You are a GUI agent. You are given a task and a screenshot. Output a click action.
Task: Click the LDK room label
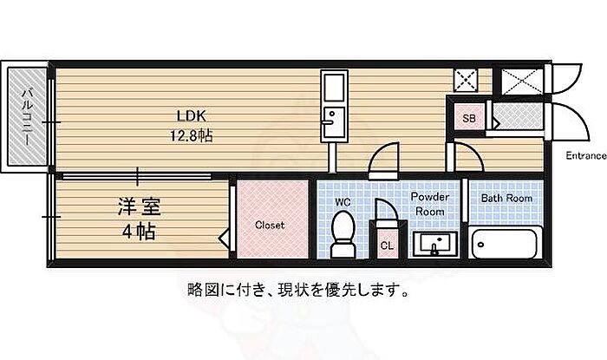pos(191,115)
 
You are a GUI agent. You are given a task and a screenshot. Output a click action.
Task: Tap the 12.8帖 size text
pos(192,136)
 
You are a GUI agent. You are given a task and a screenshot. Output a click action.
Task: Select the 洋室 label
pos(139,206)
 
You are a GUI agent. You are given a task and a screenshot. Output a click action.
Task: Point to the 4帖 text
pos(139,232)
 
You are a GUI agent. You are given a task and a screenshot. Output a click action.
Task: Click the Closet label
pos(270,226)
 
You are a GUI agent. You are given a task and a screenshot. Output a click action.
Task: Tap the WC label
pos(343,202)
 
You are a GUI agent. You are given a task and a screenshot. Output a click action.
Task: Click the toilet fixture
pos(343,234)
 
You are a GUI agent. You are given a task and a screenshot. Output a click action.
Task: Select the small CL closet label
pos(387,245)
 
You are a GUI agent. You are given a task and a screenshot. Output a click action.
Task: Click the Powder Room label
pos(430,204)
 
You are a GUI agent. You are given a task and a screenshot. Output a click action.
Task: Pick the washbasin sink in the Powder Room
pos(435,244)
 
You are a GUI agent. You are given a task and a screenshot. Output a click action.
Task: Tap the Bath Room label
pos(506,198)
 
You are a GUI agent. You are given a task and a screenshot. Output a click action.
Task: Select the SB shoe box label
pos(469,118)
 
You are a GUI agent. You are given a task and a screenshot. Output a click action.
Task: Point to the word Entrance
pos(586,155)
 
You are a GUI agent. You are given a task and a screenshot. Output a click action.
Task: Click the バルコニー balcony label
pos(27,116)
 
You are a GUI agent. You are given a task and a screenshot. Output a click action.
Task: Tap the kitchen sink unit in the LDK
pos(334,106)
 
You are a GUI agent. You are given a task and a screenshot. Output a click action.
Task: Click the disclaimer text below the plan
pos(297,290)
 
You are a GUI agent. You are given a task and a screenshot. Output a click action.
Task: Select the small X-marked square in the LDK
pos(467,81)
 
